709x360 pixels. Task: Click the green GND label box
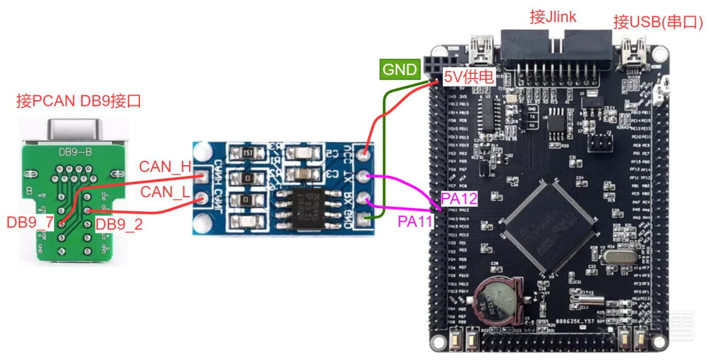(400, 69)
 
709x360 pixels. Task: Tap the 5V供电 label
(469, 78)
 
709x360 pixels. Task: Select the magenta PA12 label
(459, 199)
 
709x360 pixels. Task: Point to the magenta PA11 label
(415, 221)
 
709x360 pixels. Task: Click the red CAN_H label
(164, 166)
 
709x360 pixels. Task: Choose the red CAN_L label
(164, 191)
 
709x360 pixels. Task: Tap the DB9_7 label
(30, 223)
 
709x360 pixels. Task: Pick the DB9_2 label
(119, 224)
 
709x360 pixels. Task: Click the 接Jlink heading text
(553, 17)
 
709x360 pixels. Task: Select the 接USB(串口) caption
(657, 23)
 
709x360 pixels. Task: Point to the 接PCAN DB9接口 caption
(78, 101)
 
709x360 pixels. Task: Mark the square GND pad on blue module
(362, 219)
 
